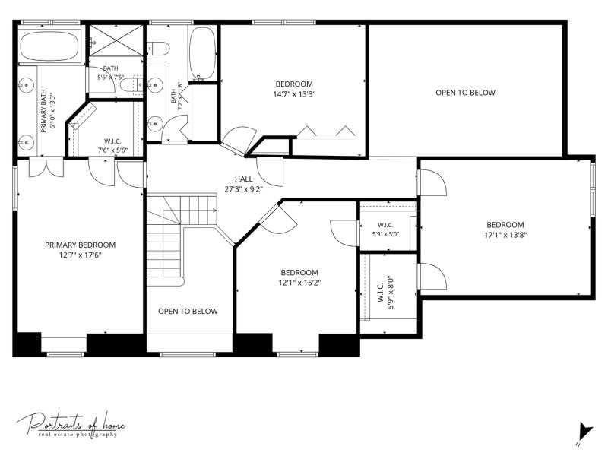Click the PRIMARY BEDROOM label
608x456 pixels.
click(x=81, y=245)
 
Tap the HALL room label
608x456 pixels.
click(x=243, y=179)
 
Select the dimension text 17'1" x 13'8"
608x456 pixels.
click(x=505, y=235)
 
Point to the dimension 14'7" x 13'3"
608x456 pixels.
click(x=294, y=93)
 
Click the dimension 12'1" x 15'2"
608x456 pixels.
click(x=299, y=283)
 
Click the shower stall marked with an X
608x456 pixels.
click(x=116, y=41)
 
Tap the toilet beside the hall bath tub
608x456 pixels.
click(x=158, y=49)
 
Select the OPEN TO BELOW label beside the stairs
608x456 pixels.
click(x=188, y=312)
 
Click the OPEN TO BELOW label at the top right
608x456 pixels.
click(x=465, y=93)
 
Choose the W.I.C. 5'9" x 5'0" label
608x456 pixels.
click(x=385, y=230)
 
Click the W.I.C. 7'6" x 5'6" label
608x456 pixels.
click(x=112, y=146)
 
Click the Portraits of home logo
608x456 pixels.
click(x=71, y=425)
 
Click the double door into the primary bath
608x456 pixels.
click(x=46, y=167)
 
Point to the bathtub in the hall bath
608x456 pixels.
click(x=202, y=53)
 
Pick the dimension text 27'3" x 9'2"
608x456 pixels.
click(x=243, y=189)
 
